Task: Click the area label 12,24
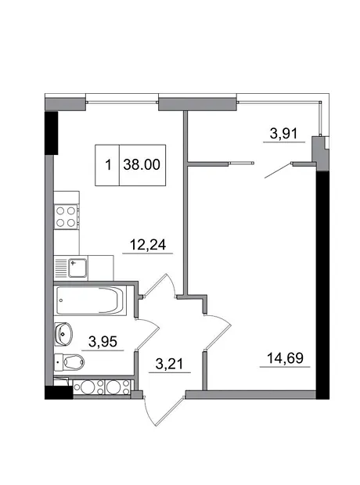point(148,245)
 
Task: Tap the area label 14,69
point(285,357)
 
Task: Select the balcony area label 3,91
point(283,134)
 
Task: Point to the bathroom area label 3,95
point(103,342)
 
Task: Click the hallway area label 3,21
point(169,364)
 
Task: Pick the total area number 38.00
point(142,164)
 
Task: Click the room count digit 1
point(108,164)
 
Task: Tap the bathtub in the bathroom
point(90,300)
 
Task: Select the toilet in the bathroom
point(69,361)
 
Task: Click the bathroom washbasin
point(63,334)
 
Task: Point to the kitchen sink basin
point(77,268)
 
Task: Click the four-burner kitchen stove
point(66,217)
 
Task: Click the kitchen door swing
point(160,286)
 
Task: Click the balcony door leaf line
point(279,171)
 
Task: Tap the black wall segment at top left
point(52,133)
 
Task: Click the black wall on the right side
point(322,286)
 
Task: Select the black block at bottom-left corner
point(59,393)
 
